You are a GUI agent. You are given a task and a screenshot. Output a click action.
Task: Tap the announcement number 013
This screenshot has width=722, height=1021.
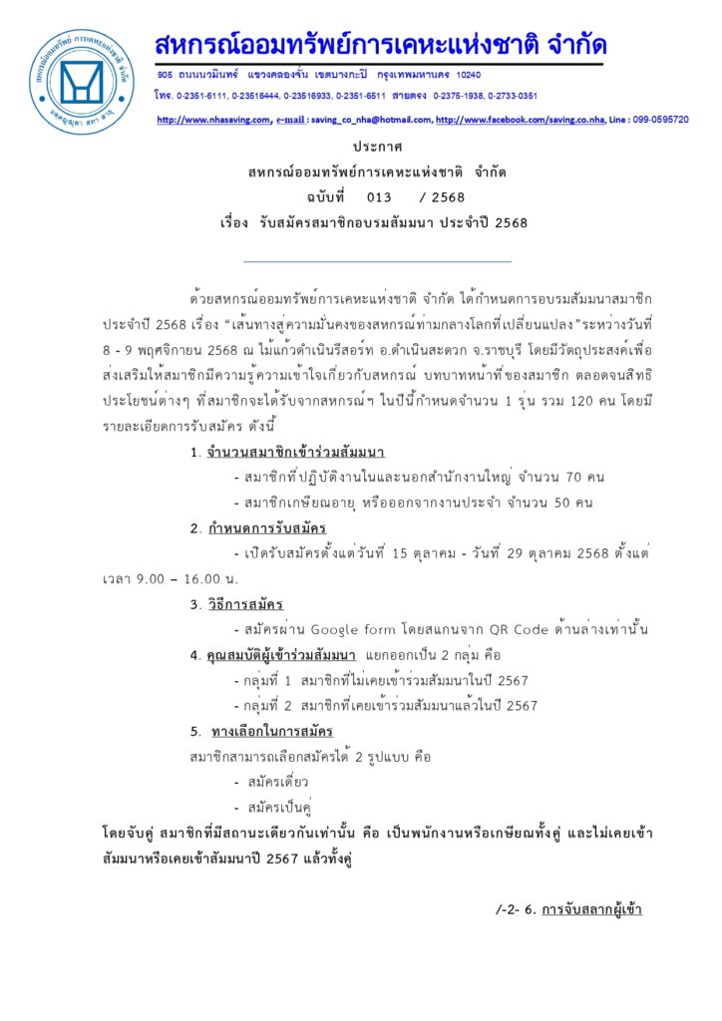click(379, 196)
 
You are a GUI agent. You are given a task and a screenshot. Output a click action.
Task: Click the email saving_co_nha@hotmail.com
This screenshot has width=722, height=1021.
click(370, 120)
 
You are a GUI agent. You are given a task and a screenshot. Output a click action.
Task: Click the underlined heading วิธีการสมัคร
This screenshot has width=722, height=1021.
click(245, 604)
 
